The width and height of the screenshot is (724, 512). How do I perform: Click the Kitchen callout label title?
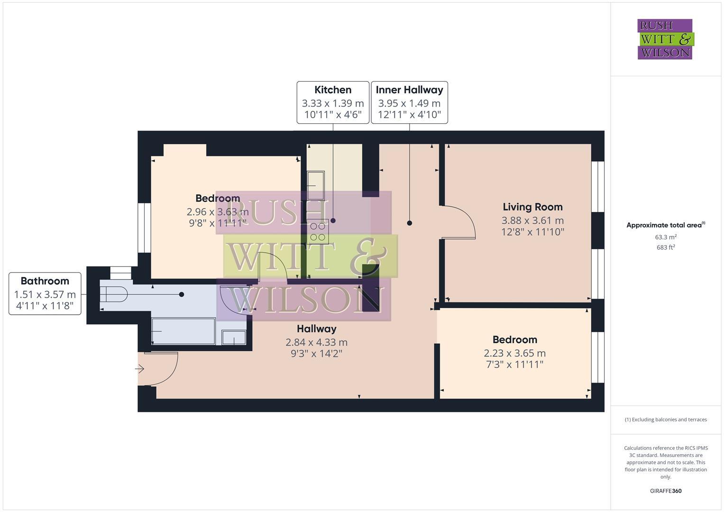tap(333, 90)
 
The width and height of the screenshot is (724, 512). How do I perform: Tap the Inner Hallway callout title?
tap(409, 90)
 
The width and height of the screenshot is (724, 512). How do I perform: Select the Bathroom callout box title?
tap(45, 281)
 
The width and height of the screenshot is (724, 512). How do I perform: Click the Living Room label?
tap(532, 207)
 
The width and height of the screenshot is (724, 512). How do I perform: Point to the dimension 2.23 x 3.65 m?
tap(514, 353)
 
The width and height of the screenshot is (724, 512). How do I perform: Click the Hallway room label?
tap(316, 329)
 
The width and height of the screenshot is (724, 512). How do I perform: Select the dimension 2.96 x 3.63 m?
tap(218, 212)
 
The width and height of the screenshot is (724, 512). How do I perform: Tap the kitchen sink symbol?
tap(315, 185)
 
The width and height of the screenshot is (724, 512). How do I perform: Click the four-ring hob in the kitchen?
tap(318, 232)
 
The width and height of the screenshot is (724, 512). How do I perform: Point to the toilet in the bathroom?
tap(114, 294)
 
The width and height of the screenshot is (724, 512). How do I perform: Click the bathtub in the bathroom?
tap(183, 331)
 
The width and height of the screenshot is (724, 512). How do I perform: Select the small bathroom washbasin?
tap(234, 338)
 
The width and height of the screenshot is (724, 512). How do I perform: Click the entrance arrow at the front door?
tap(140, 368)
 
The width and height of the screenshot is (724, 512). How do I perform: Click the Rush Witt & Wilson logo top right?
tap(665, 39)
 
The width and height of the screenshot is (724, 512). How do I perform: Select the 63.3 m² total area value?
tap(666, 237)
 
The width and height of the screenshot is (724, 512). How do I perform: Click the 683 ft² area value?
tap(666, 247)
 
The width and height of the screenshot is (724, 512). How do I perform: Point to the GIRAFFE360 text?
tap(665, 491)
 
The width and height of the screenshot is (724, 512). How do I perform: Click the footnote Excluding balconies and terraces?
tap(666, 420)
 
